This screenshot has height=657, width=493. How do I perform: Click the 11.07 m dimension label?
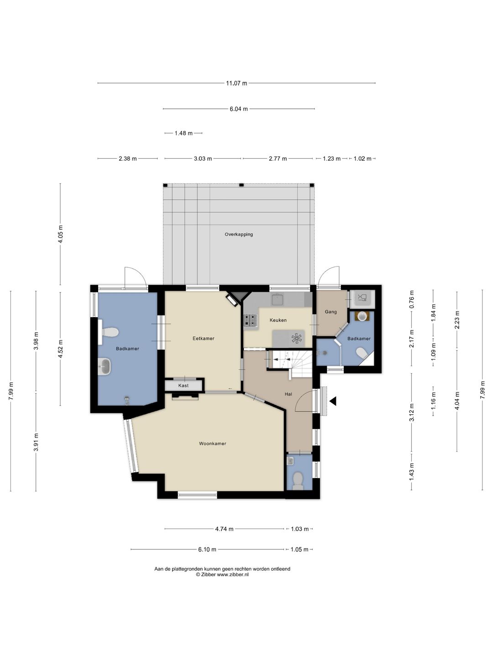coord(236,83)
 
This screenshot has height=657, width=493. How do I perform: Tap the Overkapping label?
coord(239,235)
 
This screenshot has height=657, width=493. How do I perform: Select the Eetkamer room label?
coord(203,339)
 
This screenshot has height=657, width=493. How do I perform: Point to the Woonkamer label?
coord(213,443)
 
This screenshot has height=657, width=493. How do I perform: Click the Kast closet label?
coord(183,386)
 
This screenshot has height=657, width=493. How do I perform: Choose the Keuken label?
coord(278,320)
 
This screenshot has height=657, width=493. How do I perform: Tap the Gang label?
coord(331,312)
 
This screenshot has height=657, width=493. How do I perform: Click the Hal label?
coord(288,394)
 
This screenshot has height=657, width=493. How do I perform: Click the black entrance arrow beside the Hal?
coord(333,401)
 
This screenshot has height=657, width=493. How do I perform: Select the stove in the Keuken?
coord(251,320)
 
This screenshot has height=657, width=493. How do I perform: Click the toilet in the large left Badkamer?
coord(109,332)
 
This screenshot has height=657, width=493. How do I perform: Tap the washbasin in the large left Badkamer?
coord(105,367)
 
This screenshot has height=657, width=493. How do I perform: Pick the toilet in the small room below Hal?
coord(298,481)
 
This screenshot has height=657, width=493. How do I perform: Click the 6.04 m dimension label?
coord(239,109)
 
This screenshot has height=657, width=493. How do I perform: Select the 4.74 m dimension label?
coord(224,529)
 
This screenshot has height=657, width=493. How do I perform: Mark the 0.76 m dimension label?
coord(412,300)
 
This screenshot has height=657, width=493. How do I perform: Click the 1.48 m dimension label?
coord(184,133)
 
